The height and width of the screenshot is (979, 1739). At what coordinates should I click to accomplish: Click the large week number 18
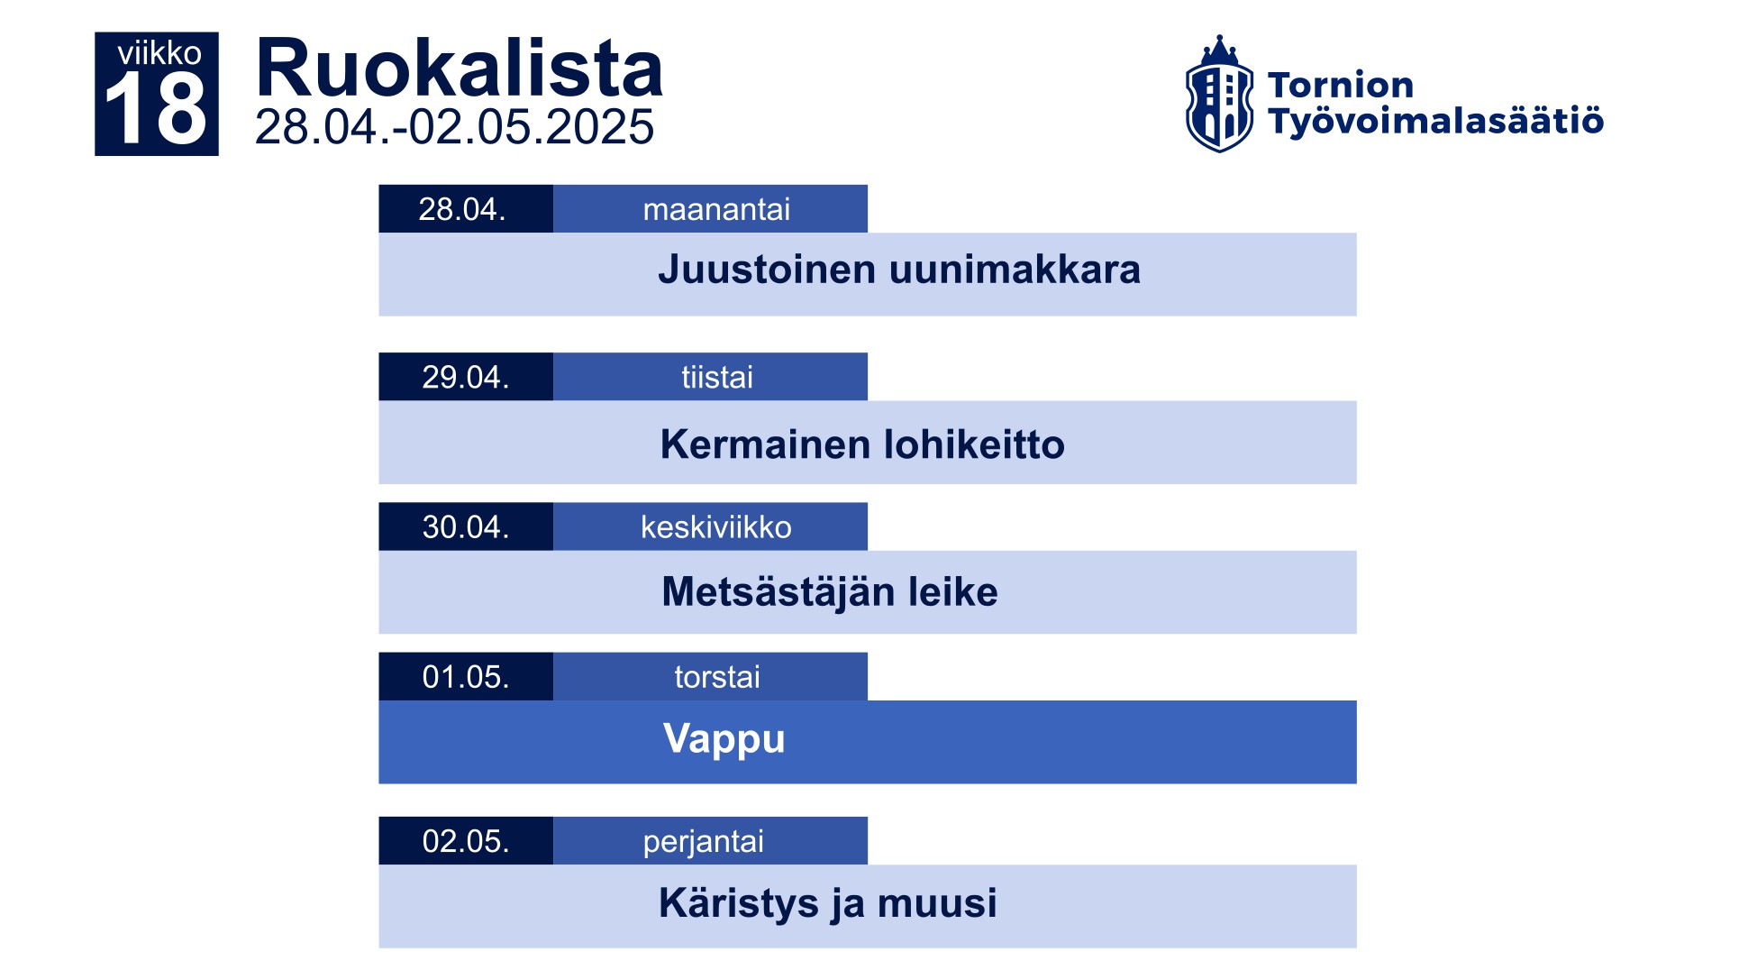pyautogui.click(x=156, y=108)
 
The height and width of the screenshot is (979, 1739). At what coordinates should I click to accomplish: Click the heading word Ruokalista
pyautogui.click(x=460, y=69)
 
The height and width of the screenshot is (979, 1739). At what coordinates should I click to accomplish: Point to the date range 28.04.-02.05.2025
pyautogui.click(x=454, y=127)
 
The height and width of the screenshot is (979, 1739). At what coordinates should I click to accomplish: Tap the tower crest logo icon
pyautogui.click(x=1219, y=94)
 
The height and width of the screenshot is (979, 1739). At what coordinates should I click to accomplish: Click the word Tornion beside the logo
pyautogui.click(x=1340, y=85)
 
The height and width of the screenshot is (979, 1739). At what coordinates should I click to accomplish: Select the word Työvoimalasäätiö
pyautogui.click(x=1435, y=121)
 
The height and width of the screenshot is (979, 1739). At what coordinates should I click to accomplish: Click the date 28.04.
pyautogui.click(x=462, y=209)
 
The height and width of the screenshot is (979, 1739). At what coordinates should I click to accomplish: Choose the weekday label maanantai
pyautogui.click(x=716, y=209)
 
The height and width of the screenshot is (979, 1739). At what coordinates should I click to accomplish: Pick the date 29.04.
pyautogui.click(x=466, y=377)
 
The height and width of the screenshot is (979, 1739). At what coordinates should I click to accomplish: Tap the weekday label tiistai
pyautogui.click(x=717, y=377)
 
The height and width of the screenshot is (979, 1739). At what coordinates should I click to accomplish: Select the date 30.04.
pyautogui.click(x=466, y=526)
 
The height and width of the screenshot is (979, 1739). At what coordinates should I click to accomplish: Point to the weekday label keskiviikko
pyautogui.click(x=716, y=526)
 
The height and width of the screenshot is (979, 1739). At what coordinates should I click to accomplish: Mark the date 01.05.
pyautogui.click(x=466, y=677)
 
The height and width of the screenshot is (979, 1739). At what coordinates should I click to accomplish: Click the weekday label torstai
pyautogui.click(x=717, y=677)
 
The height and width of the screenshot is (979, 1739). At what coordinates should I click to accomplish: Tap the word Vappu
pyautogui.click(x=724, y=740)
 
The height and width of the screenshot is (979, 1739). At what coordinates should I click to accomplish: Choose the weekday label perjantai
pyautogui.click(x=703, y=842)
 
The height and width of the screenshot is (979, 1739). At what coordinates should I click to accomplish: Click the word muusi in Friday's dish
pyautogui.click(x=937, y=903)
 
